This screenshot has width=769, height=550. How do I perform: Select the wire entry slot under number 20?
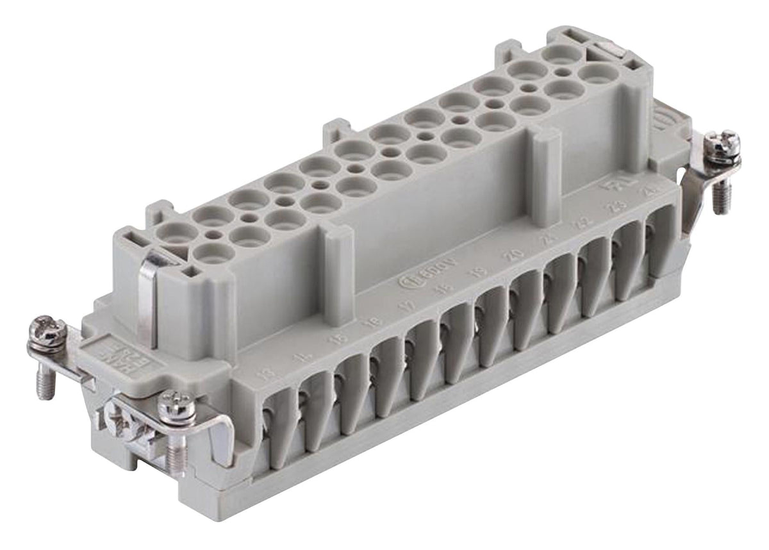(x=522, y=301)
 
